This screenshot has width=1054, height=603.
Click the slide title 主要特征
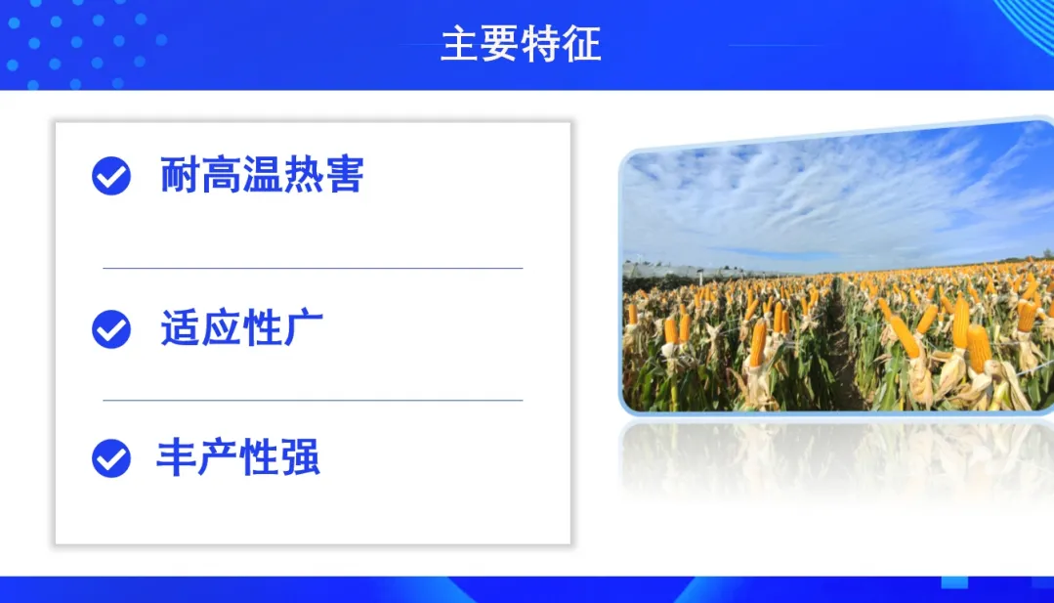[521, 44]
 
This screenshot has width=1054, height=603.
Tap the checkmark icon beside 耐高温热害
[111, 176]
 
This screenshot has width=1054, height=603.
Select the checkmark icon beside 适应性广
[111, 329]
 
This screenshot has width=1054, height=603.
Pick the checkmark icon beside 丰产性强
[111, 458]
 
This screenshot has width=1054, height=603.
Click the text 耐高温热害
[262, 175]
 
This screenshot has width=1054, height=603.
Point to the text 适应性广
[242, 328]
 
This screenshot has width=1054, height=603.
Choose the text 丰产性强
[238, 457]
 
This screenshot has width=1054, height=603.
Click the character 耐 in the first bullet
[180, 175]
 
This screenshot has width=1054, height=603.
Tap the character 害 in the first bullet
[344, 175]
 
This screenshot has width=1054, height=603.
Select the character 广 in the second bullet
[304, 328]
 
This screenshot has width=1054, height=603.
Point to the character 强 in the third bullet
[300, 457]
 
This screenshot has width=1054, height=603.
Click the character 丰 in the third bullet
[176, 457]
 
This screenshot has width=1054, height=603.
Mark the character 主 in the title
[460, 44]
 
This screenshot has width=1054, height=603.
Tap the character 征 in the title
[581, 44]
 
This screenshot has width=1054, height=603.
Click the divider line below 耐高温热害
[313, 268]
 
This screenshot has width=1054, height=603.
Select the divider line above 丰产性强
[313, 400]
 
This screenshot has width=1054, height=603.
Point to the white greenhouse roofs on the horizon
[699, 271]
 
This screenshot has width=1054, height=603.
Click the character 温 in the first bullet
[262, 175]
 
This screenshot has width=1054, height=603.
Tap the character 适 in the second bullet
[180, 328]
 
